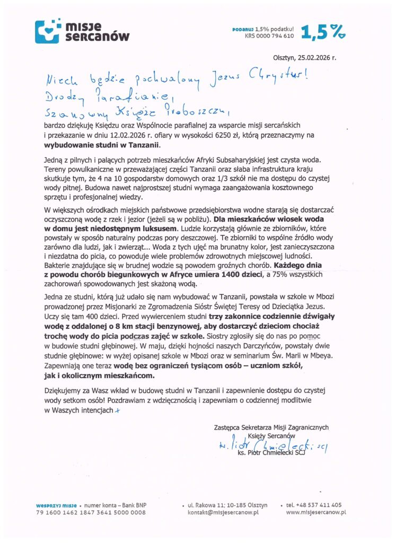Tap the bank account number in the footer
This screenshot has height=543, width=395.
point(91,513)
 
